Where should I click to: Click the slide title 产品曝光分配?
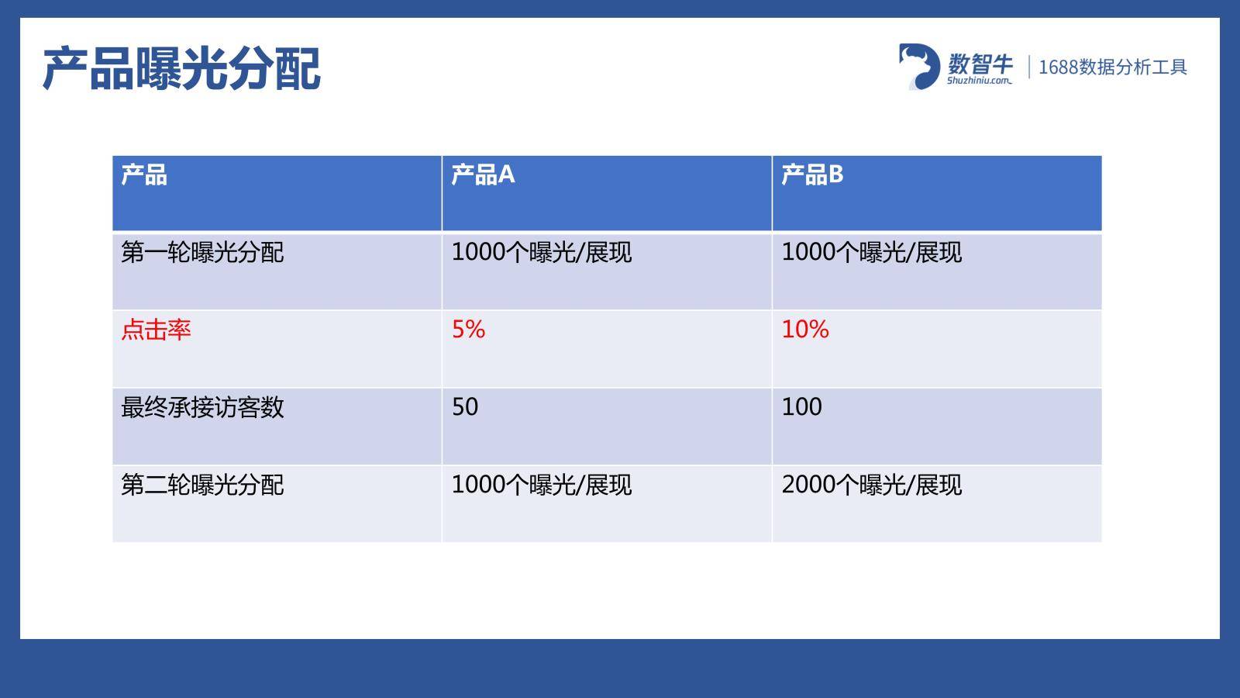coord(181,69)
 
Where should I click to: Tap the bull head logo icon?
coord(919,67)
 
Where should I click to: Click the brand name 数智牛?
coord(980,64)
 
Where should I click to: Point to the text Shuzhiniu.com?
coord(980,81)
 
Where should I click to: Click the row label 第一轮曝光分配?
coord(202,252)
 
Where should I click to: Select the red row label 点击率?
coord(156,330)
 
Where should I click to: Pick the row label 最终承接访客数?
coord(202,407)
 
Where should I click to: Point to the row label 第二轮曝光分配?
coord(202,485)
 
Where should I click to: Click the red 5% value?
coord(468,329)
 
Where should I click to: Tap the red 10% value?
coord(805,329)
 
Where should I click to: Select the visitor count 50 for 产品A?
coord(465,406)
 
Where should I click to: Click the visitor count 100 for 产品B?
coord(801,406)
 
